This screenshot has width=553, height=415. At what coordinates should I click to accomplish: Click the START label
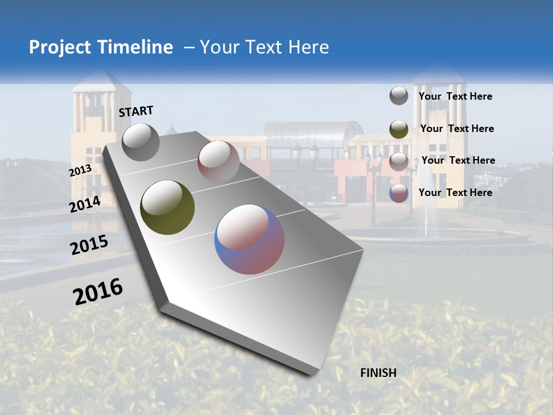pos(136,111)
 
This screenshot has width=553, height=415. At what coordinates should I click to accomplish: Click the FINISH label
pos(378,373)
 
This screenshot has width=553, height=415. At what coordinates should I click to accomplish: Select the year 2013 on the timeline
pos(80,171)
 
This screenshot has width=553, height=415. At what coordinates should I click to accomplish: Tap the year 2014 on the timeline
pos(85,204)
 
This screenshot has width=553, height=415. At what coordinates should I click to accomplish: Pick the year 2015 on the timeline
pos(89,245)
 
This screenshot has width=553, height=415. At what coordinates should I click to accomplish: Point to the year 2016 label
pos(98,291)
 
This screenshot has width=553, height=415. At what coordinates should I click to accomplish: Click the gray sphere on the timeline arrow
pos(141,142)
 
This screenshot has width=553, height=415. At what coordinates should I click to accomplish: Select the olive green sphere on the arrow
pos(168,207)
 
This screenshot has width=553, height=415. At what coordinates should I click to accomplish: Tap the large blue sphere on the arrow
pos(249,239)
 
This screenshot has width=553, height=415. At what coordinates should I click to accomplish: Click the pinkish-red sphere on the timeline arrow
pos(218,161)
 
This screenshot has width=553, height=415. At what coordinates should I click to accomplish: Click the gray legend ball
pos(399,96)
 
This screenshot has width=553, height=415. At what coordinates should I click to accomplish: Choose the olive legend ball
pos(399,129)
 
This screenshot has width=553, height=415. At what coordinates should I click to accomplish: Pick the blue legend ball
pos(399,193)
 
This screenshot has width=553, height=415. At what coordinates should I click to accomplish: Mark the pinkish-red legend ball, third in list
pos(399,161)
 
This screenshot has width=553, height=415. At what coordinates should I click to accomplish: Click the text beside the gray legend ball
pos(455,96)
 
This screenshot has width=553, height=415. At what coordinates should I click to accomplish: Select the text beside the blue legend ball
pos(455,193)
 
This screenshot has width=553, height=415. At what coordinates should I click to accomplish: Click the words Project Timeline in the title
pos(101,47)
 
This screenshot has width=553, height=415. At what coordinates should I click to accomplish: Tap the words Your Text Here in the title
pos(264,47)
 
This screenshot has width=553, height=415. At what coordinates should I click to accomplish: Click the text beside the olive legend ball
pos(457,129)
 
